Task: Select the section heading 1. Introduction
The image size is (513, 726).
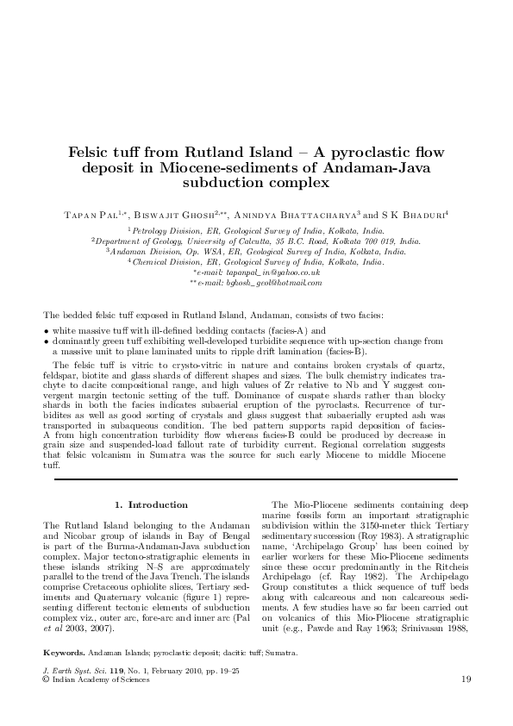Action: [151, 504]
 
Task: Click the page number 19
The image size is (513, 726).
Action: [466, 679]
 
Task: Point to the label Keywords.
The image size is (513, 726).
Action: [64, 652]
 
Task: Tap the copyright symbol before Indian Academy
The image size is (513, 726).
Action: [47, 679]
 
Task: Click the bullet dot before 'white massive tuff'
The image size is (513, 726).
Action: [46, 331]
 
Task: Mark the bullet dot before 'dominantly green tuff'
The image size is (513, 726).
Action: [46, 341]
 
